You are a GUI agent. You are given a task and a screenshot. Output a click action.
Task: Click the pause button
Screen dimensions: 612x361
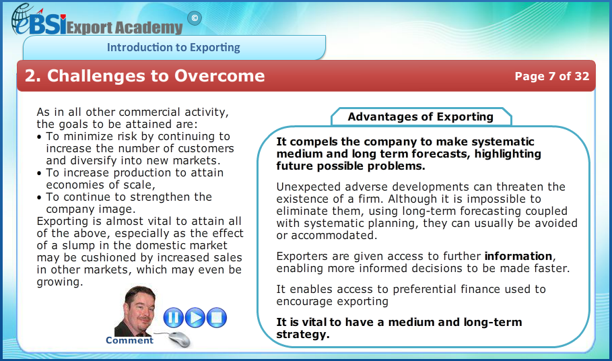click(173, 317)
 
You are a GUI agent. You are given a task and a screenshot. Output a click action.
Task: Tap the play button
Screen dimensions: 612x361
click(195, 317)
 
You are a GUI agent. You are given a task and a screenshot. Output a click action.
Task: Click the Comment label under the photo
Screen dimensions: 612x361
click(129, 340)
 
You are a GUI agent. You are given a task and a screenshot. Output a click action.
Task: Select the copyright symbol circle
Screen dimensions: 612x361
click(195, 18)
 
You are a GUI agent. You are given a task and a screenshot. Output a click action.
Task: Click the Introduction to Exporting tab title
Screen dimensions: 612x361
click(173, 47)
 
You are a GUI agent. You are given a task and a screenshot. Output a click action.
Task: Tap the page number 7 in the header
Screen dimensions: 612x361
click(552, 76)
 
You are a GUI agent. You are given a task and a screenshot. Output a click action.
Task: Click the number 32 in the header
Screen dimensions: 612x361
click(582, 76)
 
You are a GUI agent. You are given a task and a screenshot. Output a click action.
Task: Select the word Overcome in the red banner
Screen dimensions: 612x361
click(219, 75)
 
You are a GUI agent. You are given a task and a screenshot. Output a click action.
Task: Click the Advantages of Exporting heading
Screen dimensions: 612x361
click(420, 117)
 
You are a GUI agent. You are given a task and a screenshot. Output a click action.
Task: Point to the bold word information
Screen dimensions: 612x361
click(518, 256)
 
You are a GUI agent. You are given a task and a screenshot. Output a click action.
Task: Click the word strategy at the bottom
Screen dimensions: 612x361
click(302, 335)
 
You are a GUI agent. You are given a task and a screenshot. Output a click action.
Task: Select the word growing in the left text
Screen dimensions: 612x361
click(59, 282)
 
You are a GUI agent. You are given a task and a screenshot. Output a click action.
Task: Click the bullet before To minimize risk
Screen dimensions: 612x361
click(39, 137)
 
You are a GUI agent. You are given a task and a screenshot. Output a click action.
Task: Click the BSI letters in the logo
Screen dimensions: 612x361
click(47, 24)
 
